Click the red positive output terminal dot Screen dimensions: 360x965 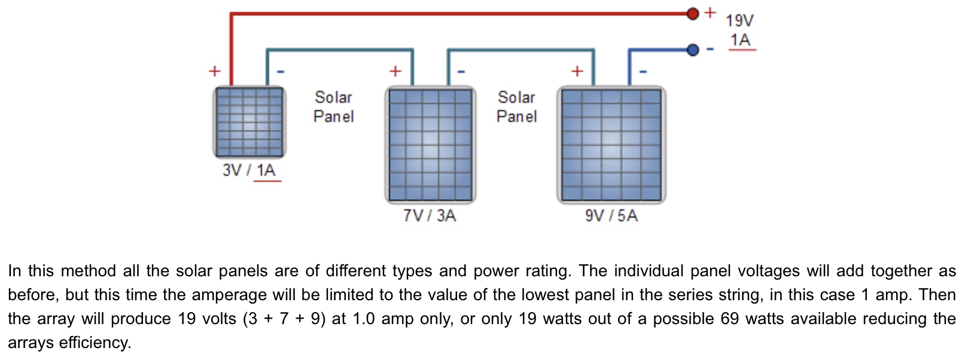(x=693, y=13)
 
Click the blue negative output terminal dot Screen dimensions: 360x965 (x=693, y=50)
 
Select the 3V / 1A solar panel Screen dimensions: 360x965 (x=249, y=122)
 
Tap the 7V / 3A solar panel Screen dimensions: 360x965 (x=430, y=145)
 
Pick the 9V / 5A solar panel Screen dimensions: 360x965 (x=611, y=145)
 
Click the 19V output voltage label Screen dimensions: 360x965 (x=739, y=21)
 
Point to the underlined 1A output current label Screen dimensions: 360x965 (x=741, y=40)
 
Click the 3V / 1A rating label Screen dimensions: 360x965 (x=249, y=170)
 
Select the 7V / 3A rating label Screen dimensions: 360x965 (x=430, y=215)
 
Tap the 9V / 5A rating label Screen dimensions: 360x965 (x=611, y=215)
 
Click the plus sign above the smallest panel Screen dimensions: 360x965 (x=214, y=71)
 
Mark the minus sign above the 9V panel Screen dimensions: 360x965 (x=643, y=72)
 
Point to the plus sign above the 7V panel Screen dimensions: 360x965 (x=395, y=71)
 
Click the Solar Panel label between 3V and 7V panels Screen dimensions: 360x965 (x=333, y=106)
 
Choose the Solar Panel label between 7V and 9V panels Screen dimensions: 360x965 (x=516, y=106)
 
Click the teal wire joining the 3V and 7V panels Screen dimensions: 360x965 (x=340, y=50)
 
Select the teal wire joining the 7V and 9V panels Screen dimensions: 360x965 (x=521, y=50)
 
